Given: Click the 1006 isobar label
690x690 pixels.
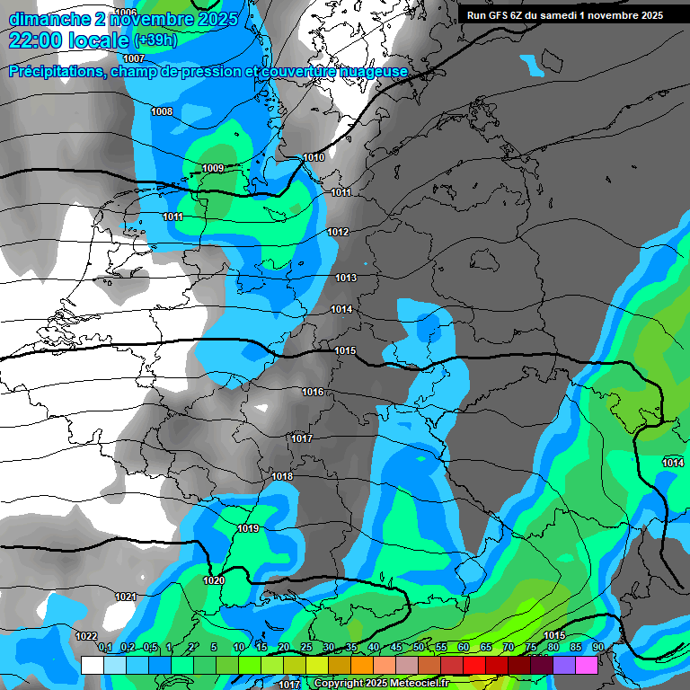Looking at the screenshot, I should (127, 13).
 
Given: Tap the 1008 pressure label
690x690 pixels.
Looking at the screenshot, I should (162, 112).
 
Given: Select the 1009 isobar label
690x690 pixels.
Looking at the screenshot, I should (213, 169).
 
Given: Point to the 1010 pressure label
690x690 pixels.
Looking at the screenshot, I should (314, 158).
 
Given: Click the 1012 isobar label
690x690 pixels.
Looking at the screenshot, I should (338, 233).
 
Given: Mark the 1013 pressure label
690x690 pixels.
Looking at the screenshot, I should (346, 279).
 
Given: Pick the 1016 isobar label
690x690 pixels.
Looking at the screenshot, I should (313, 393).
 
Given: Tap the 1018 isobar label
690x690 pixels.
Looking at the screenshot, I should (282, 476).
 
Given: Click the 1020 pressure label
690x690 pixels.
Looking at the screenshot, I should (214, 581).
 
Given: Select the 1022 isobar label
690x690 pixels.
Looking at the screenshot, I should (86, 636).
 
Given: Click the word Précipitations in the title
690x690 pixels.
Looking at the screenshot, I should (56, 72).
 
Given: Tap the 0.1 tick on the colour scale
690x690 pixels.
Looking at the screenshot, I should (105, 648).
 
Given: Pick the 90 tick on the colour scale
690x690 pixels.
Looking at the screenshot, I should (597, 648).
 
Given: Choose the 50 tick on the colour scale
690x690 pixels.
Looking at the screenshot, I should (419, 648).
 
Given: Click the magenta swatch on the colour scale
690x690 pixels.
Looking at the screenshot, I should (587, 665).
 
